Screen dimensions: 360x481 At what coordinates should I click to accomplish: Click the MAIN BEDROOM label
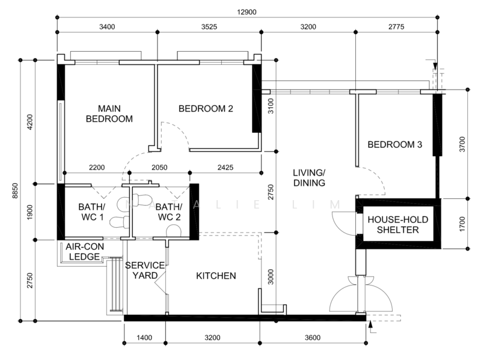(x=109, y=114)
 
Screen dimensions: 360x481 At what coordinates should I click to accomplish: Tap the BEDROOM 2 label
(x=206, y=109)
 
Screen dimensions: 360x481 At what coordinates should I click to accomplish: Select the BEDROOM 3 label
(x=394, y=145)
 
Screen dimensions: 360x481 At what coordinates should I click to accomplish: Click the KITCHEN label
(x=216, y=276)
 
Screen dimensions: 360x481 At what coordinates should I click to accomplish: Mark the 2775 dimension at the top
(x=395, y=26)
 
